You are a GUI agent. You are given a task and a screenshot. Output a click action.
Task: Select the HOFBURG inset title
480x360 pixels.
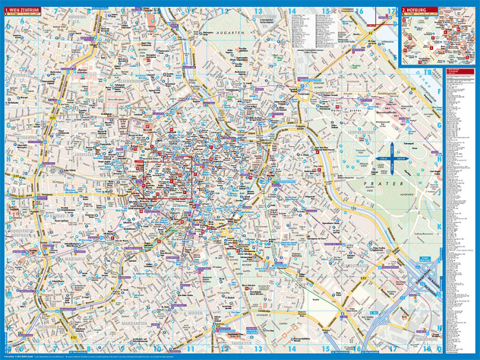tap(419, 10)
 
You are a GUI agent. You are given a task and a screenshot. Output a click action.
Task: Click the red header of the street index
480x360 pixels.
tap(459, 71)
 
